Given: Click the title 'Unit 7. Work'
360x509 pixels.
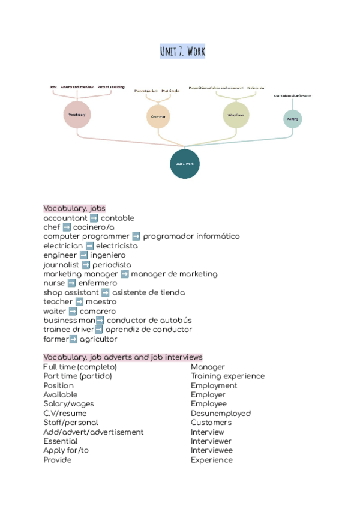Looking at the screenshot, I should [x=182, y=52].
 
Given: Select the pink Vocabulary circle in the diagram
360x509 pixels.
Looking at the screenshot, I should [x=77, y=115].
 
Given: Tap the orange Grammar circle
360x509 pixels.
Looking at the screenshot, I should [x=158, y=116].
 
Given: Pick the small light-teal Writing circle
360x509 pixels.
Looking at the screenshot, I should [x=292, y=119].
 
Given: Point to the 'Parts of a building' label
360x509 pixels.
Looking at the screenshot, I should [x=111, y=87].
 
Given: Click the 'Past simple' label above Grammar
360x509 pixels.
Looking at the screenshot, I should [x=170, y=91].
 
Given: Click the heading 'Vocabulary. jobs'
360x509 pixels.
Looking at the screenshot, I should [x=74, y=208].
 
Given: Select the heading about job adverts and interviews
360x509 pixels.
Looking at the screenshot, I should [x=122, y=357].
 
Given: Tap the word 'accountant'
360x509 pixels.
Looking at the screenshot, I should [x=65, y=218].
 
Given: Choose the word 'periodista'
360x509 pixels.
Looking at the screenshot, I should [x=112, y=265].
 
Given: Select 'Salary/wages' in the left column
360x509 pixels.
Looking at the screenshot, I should [x=68, y=404].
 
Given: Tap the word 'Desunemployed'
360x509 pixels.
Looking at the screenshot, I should [x=221, y=414].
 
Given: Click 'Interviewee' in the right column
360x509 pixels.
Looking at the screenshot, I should [x=212, y=451].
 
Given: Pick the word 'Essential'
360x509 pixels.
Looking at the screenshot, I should [x=60, y=441].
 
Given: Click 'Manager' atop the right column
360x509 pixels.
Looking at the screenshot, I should [x=208, y=367].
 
